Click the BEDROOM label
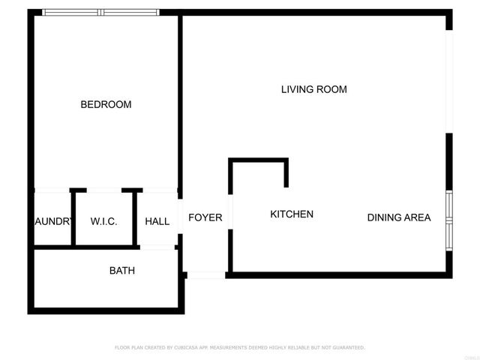(106, 104)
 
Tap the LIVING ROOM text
(313, 89)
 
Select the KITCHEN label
(292, 214)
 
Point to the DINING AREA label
(398, 217)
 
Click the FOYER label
(205, 217)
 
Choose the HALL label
(157, 221)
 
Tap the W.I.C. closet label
(103, 221)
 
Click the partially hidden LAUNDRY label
(53, 221)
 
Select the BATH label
(122, 270)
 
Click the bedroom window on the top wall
(100, 12)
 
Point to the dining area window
(448, 218)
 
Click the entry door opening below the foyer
(205, 275)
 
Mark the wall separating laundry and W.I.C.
(73, 217)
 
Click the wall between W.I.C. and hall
(136, 217)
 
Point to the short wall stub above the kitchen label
(286, 173)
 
